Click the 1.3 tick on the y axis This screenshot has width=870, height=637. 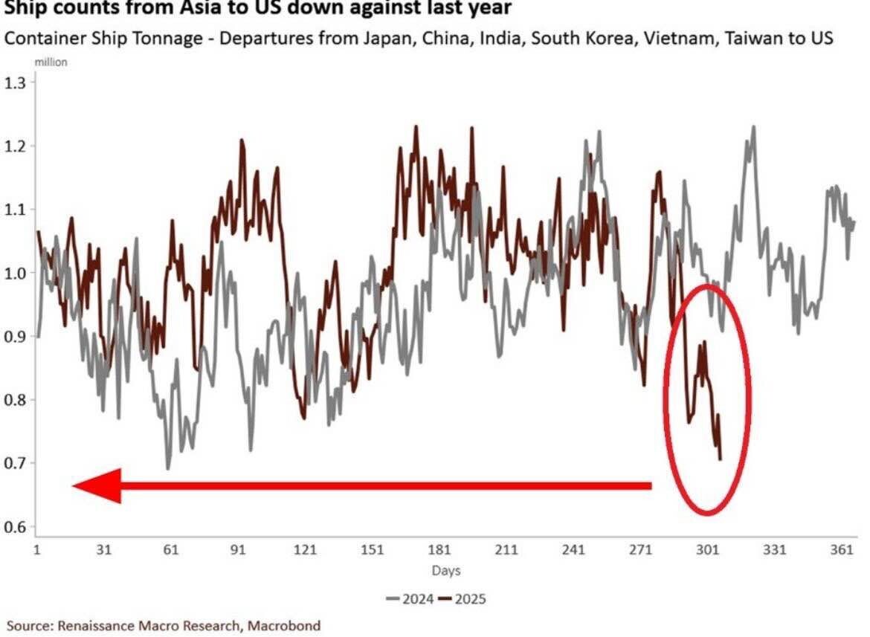[x=16, y=83]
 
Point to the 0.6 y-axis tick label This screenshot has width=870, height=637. [x=16, y=527]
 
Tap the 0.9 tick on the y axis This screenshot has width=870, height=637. [x=16, y=337]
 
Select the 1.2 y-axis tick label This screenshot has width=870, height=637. [x=16, y=146]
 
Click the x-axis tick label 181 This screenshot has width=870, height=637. [x=439, y=551]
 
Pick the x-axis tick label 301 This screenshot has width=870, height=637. [x=708, y=551]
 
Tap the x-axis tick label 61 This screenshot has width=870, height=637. [x=171, y=551]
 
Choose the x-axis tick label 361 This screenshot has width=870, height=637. [x=842, y=551]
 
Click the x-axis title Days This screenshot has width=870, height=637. [x=446, y=571]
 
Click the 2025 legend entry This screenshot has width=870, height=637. [x=463, y=598]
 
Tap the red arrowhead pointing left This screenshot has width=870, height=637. [x=97, y=486]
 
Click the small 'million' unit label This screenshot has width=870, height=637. [x=51, y=62]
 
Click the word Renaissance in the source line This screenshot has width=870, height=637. [x=95, y=626]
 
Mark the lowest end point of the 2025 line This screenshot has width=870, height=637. [x=720, y=459]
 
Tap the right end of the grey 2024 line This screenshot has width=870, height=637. [x=854, y=222]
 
